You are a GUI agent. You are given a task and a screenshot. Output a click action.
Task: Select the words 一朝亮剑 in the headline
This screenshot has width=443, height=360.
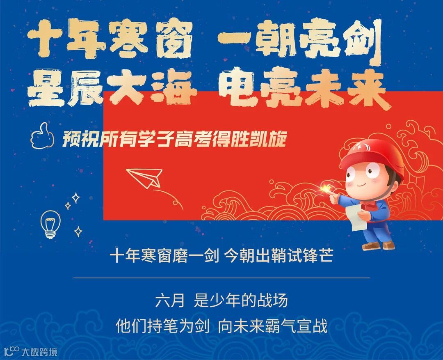tap(299, 40)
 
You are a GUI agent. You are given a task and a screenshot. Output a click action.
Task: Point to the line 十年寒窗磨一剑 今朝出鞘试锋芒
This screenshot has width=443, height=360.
tap(221, 257)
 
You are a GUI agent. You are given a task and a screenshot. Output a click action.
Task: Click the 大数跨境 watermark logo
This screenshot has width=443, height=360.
tap(30, 351)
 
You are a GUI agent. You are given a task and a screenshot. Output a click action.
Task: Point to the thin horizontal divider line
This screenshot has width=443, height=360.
tap(221, 278)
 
